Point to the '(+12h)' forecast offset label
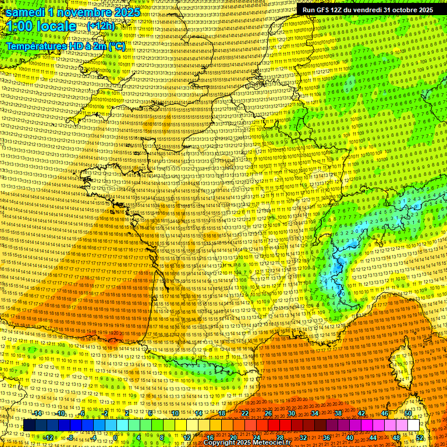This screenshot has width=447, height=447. pos(101,26)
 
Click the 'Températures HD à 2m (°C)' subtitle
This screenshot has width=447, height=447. pos(65,45)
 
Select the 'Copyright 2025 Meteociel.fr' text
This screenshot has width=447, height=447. pos(247,442)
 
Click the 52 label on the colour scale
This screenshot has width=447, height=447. pos(420,437)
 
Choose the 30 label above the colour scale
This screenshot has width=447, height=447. pos(292,413)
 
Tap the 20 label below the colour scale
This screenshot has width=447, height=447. pos(233,437)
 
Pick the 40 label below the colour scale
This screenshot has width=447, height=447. pos(350,437)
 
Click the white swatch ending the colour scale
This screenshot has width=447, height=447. pos(413,425)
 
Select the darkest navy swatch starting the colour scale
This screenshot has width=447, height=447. pos(29,425)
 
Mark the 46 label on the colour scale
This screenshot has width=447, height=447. pos(385,413)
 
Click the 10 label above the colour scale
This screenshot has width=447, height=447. pos(175,413)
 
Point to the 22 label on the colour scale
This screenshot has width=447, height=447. pos(245,413)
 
